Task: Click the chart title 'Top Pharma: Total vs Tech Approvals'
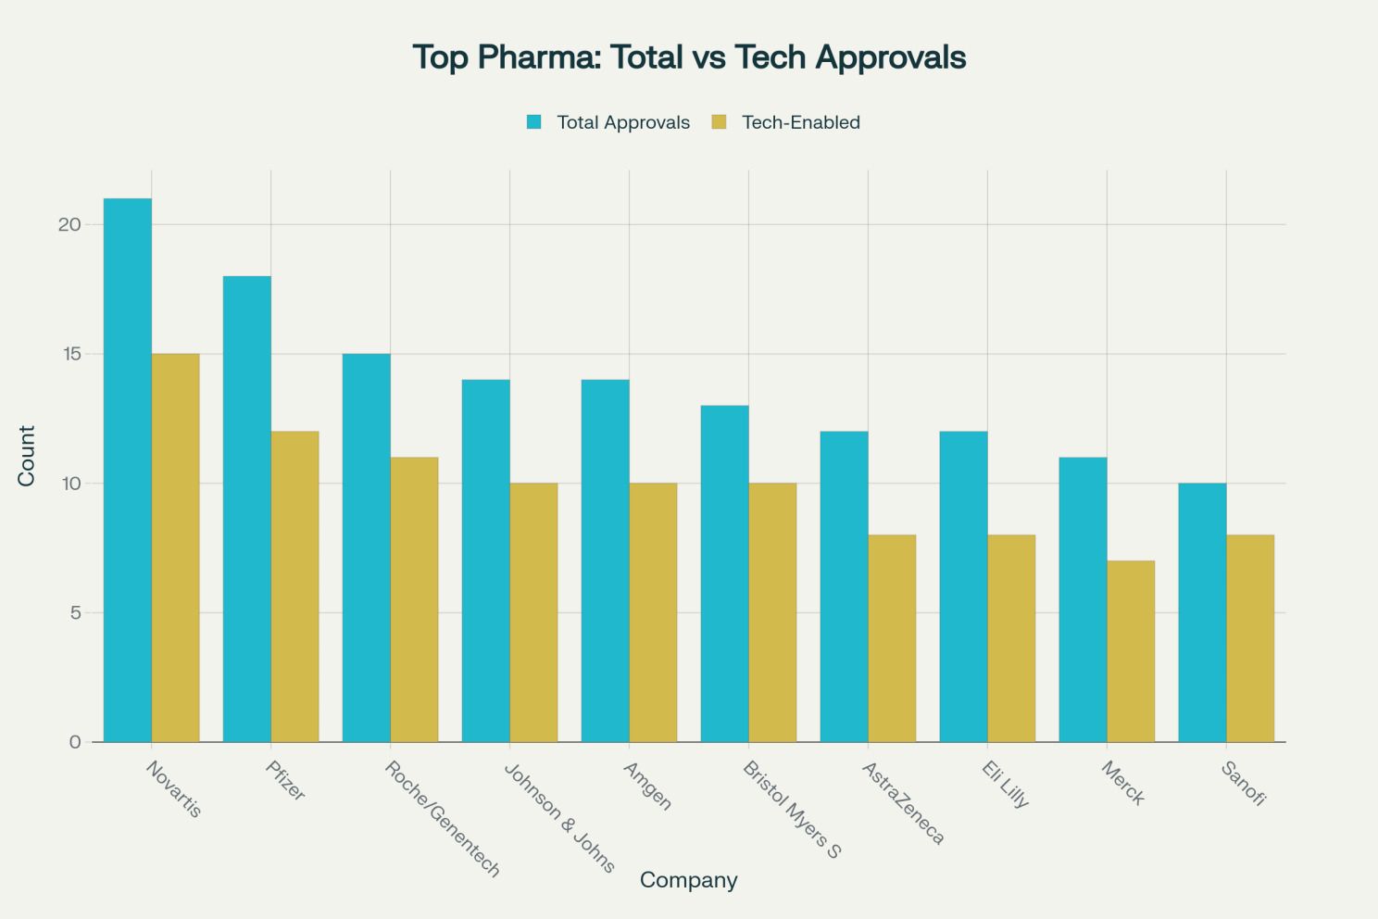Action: pyautogui.click(x=689, y=57)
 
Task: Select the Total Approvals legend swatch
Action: pyautogui.click(x=533, y=122)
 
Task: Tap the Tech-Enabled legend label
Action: pyautogui.click(x=800, y=122)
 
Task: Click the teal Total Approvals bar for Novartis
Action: pyautogui.click(x=128, y=470)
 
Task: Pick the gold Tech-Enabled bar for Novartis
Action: pyautogui.click(x=175, y=548)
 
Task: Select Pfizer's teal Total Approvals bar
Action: pyautogui.click(x=247, y=509)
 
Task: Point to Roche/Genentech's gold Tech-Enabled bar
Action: pyautogui.click(x=414, y=599)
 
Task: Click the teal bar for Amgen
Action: pyautogui.click(x=605, y=560)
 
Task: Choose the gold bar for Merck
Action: pyautogui.click(x=1131, y=651)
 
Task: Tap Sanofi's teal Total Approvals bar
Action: pyautogui.click(x=1202, y=612)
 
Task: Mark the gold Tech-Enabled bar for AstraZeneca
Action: pyautogui.click(x=892, y=638)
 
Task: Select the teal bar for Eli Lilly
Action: pyautogui.click(x=963, y=586)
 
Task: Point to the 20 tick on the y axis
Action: pyautogui.click(x=70, y=225)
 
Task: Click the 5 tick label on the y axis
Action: pyautogui.click(x=75, y=613)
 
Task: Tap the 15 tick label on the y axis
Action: pyautogui.click(x=70, y=354)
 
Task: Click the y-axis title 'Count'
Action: pyautogui.click(x=26, y=456)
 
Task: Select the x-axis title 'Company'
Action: pyautogui.click(x=688, y=880)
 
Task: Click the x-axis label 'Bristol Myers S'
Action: pyautogui.click(x=793, y=810)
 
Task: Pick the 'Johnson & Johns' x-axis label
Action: pyautogui.click(x=560, y=818)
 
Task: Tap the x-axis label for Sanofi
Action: pyautogui.click(x=1243, y=784)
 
